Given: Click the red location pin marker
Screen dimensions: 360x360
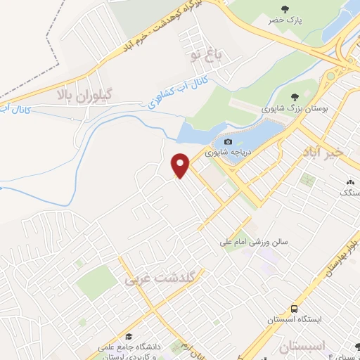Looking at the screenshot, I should coord(182,165).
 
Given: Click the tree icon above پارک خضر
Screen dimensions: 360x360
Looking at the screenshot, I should coord(285,9).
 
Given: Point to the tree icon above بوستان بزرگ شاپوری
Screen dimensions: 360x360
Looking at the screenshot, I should coord(295,96).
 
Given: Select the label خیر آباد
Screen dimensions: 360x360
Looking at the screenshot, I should coord(322,152).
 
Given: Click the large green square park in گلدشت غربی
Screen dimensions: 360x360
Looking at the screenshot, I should coord(96,282).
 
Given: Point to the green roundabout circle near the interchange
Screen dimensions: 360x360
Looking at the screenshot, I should coord(330,75).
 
